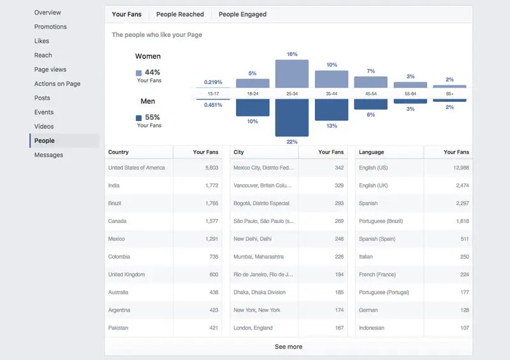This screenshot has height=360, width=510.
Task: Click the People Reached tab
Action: pyautogui.click(x=180, y=14)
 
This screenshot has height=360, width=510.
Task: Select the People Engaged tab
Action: pyautogui.click(x=243, y=14)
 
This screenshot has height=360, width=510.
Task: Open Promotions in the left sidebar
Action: pyautogui.click(x=50, y=27)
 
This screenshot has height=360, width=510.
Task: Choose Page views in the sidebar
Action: pyautogui.click(x=50, y=69)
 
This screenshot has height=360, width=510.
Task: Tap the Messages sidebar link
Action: pyautogui.click(x=48, y=155)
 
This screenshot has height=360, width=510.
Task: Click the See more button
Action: pyautogui.click(x=288, y=347)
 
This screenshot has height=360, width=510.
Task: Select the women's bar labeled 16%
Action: pyautogui.click(x=292, y=73)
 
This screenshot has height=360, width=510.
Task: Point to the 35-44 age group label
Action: pyautogui.click(x=331, y=94)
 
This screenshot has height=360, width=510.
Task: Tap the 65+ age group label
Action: pyautogui.click(x=449, y=94)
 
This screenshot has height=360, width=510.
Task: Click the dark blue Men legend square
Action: pyautogui.click(x=139, y=118)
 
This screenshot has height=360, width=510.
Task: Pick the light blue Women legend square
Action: pyautogui.click(x=139, y=73)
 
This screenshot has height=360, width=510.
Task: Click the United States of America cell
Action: pyautogui.click(x=136, y=168)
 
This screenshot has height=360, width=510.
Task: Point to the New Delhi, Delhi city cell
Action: pyautogui.click(x=252, y=239)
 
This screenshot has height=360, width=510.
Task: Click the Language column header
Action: pyautogui.click(x=371, y=152)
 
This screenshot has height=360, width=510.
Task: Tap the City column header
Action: pyautogui.click(x=239, y=152)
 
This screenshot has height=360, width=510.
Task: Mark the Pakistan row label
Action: pyautogui.click(x=119, y=328)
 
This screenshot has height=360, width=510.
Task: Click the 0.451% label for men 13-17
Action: pyautogui.click(x=213, y=105)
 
